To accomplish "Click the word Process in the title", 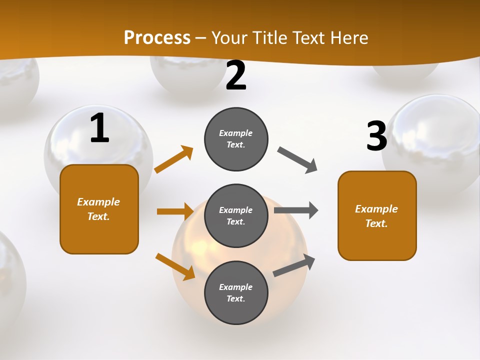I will pyautogui.click(x=157, y=37).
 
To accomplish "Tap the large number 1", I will pyautogui.click(x=99, y=128).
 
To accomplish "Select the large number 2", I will pyautogui.click(x=236, y=75).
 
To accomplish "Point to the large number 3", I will pyautogui.click(x=376, y=136).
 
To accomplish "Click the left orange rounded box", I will pyautogui.click(x=99, y=209).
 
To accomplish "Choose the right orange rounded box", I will pyautogui.click(x=377, y=215).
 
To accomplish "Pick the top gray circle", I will pyautogui.click(x=236, y=139).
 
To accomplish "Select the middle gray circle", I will pyautogui.click(x=236, y=215).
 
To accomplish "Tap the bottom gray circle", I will pyautogui.click(x=236, y=292).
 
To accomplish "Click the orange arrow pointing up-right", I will pyautogui.click(x=174, y=159).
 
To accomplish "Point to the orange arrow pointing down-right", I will pyautogui.click(x=175, y=266).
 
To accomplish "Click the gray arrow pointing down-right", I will pyautogui.click(x=297, y=160).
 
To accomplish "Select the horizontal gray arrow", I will pyautogui.click(x=295, y=210).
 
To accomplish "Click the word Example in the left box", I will pyautogui.click(x=98, y=202).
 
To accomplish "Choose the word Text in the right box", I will pyautogui.click(x=376, y=223).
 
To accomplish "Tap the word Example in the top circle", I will pyautogui.click(x=236, y=133).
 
